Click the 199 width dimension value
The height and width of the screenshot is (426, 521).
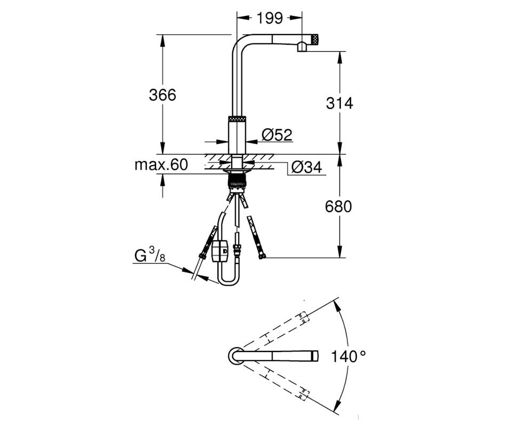270,18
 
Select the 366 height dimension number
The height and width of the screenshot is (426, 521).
162,95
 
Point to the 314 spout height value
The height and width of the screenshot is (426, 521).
339,104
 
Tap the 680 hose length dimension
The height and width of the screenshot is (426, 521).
338,207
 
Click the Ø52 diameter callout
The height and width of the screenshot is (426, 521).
277,135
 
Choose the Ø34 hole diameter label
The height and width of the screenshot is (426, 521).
306,168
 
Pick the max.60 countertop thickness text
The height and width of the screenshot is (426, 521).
161,165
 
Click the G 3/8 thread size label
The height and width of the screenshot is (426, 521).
150,256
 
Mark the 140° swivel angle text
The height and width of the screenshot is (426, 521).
348,357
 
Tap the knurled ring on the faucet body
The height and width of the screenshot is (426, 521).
237,119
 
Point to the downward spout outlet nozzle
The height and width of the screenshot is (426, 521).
302,47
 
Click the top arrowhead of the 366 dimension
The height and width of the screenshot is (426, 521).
162,40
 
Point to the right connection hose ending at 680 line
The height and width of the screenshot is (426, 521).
255,237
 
